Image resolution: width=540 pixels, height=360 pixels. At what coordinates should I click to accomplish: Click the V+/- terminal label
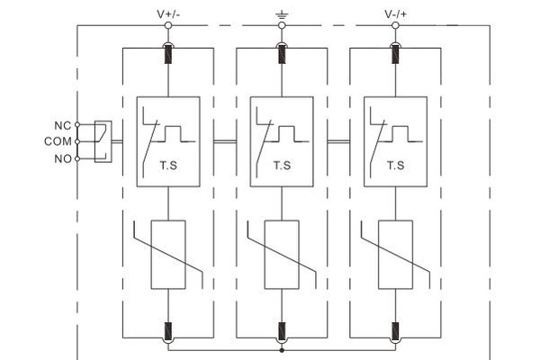coord(168,14)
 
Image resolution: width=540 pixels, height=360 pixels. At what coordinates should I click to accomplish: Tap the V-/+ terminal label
coord(395,14)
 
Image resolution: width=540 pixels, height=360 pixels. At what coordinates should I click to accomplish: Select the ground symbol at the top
coord(282,14)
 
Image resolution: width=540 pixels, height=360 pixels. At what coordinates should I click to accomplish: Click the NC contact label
coord(63,126)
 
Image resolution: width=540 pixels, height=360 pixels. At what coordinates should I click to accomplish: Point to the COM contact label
coord(58,141)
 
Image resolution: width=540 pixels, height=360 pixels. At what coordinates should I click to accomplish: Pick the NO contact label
coord(63,158)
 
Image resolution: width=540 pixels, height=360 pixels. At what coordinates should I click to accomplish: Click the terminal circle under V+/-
coord(168,25)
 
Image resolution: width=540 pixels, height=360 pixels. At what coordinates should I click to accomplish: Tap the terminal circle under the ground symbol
coord(282,25)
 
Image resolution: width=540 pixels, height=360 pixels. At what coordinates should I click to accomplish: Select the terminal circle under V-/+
coord(395,25)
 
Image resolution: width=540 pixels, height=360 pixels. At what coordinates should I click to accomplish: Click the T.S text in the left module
coord(168,166)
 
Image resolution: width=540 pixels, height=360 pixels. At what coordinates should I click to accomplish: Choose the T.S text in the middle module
coord(282,166)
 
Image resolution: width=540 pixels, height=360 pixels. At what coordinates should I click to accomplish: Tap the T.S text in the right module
coord(396,166)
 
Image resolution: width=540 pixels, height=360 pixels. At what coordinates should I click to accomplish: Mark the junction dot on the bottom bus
coord(282,350)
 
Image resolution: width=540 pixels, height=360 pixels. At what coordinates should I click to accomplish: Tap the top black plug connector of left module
coord(168,54)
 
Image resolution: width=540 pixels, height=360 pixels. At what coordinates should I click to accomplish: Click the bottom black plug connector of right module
coord(395,331)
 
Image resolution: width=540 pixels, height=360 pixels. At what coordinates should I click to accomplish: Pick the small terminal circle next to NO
coord(77,158)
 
